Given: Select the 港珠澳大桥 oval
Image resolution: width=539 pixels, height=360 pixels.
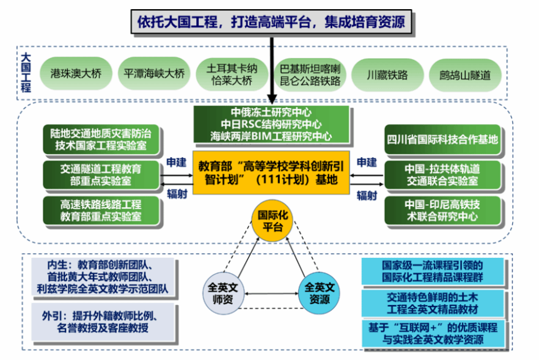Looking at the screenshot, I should tap(71, 75).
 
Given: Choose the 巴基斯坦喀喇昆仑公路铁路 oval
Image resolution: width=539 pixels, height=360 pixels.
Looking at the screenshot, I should tap(310, 75).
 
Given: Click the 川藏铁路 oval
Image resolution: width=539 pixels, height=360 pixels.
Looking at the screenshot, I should tap(387, 75).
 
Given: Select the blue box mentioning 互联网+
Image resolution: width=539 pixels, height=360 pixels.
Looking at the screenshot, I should tap(433, 334).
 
